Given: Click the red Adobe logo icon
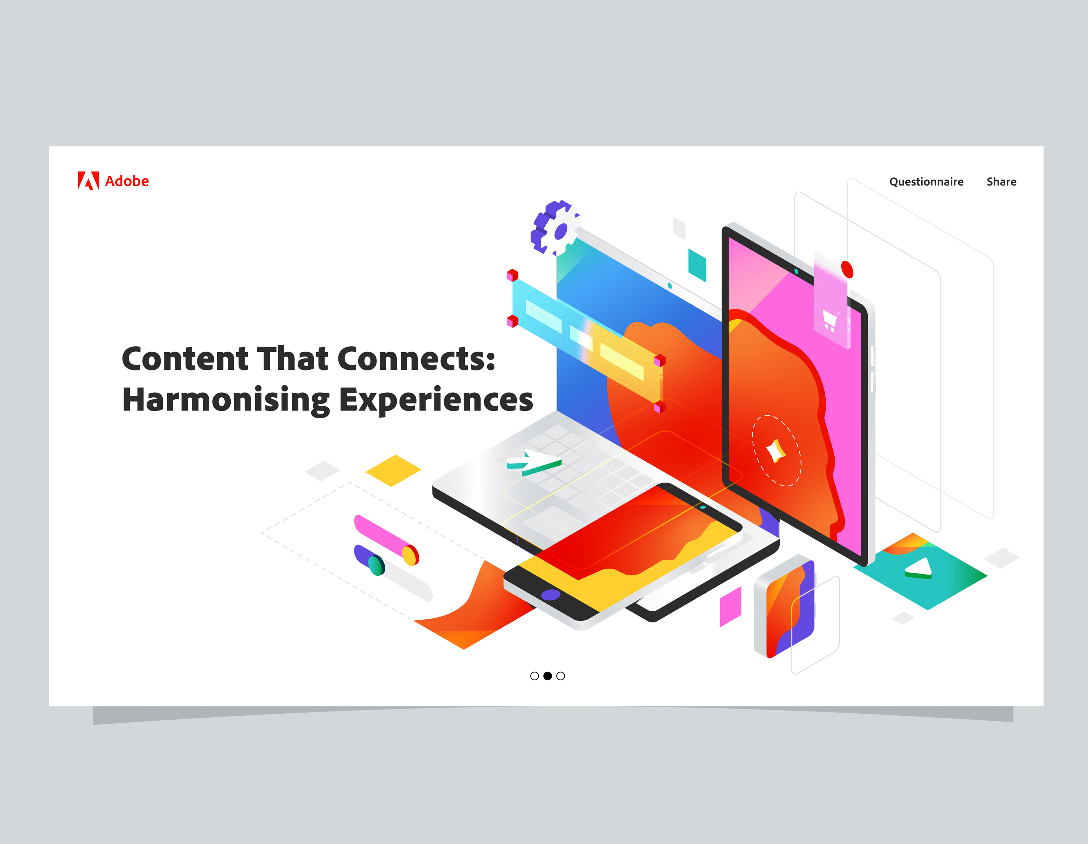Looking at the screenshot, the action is tap(88, 181).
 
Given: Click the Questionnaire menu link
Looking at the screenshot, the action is tap(926, 182).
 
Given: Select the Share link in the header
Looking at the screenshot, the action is tap(1001, 182).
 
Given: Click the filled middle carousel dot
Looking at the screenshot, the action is tap(547, 676).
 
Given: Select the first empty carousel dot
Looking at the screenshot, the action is tap(535, 676).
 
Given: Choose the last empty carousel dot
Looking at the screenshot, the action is tap(560, 676).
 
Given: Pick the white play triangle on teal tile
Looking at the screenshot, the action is tap(919, 568).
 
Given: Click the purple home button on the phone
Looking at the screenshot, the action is tap(551, 594).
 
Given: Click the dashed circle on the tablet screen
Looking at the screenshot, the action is tap(776, 450).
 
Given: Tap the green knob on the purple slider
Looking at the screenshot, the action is tap(376, 565).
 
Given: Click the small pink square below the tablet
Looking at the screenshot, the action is tap(730, 606).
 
